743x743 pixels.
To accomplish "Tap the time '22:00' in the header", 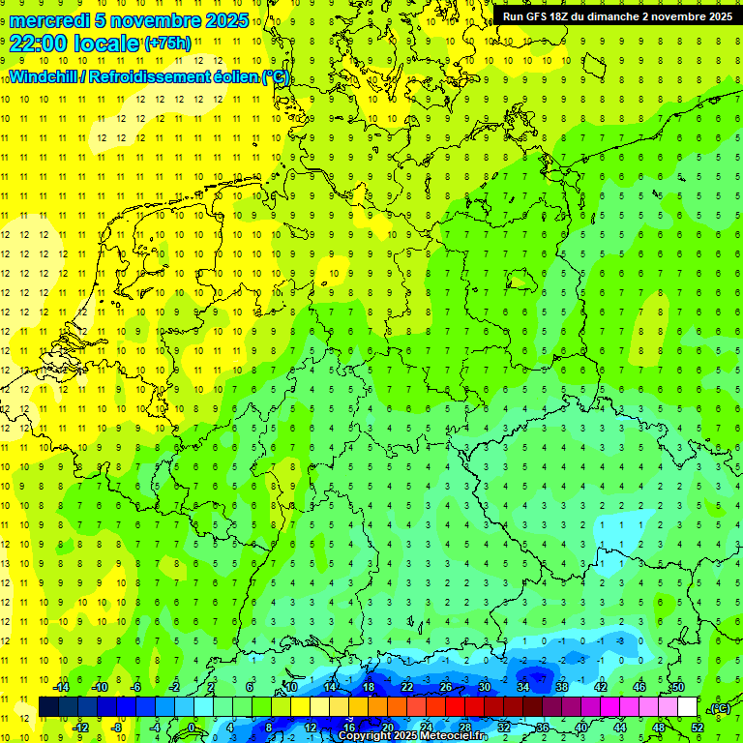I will [39, 43].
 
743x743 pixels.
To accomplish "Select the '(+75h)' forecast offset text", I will [167, 43].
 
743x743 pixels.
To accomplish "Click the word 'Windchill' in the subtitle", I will [44, 76].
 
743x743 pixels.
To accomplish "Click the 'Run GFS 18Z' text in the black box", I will [537, 16].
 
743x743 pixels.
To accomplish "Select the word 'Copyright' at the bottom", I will [366, 736].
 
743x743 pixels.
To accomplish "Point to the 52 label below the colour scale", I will [697, 728].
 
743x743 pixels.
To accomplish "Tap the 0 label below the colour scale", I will [193, 728].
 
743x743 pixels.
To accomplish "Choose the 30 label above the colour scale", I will [484, 686].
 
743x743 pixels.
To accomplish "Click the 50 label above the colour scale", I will [677, 686].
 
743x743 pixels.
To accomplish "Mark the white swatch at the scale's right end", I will [687, 707].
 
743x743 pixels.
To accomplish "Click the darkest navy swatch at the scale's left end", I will [48, 707].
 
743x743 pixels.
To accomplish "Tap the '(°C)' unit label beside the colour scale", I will [719, 708].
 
